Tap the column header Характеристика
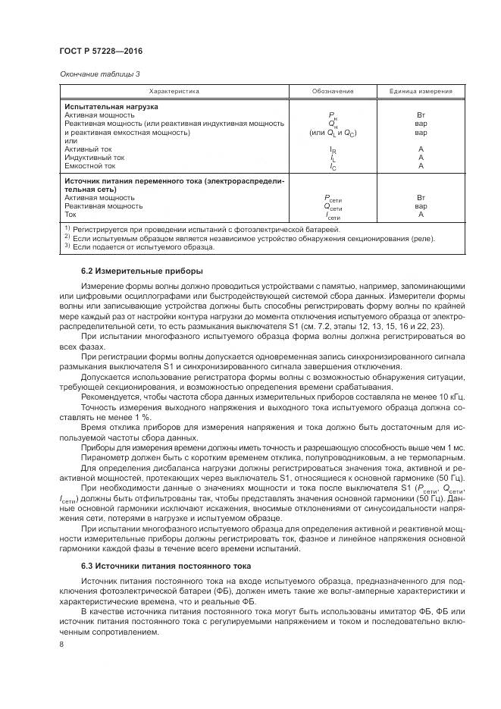coord(174,91)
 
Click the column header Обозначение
coord(333,91)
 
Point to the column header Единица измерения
coord(421,91)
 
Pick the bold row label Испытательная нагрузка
coord(111,108)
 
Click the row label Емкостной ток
coord(89,165)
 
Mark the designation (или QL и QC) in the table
coord(333,133)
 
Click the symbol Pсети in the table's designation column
coord(333,199)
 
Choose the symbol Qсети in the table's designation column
coord(333,207)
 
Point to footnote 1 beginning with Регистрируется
coord(205,228)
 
